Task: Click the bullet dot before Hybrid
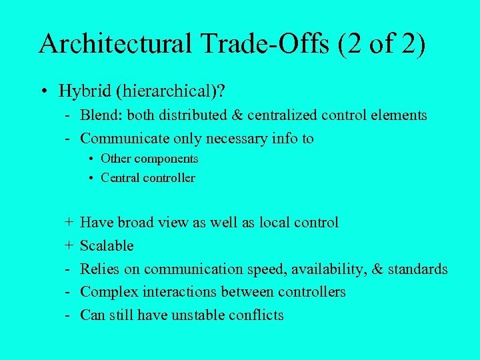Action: click(44, 90)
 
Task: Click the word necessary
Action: click(238, 139)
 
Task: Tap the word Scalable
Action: click(107, 246)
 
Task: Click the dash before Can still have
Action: click(69, 315)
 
